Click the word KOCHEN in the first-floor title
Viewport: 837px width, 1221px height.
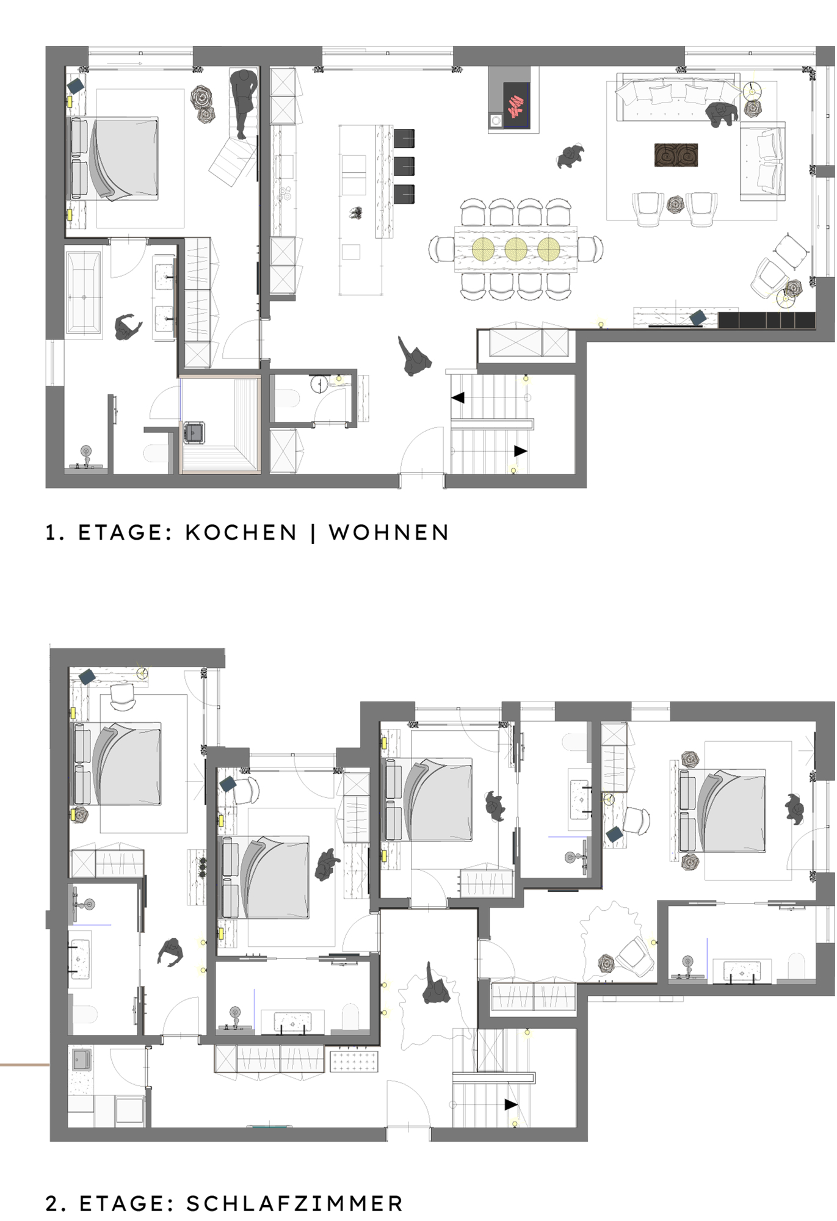tap(241, 532)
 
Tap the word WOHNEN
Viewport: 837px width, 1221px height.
tap(389, 532)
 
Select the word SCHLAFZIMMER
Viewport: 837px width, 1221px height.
tap(295, 1203)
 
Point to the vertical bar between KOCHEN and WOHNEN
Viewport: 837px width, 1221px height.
tap(313, 533)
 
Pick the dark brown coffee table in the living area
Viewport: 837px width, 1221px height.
tap(676, 155)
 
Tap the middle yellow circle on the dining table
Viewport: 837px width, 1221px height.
tap(516, 249)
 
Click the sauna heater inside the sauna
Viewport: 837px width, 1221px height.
tap(194, 432)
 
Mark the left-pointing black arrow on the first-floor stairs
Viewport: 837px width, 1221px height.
tap(458, 398)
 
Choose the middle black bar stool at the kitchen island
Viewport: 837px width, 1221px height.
tap(404, 166)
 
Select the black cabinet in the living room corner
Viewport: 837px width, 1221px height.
tap(767, 320)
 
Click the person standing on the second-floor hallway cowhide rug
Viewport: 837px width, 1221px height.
tap(436, 985)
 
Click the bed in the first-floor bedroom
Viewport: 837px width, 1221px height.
tap(113, 159)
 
